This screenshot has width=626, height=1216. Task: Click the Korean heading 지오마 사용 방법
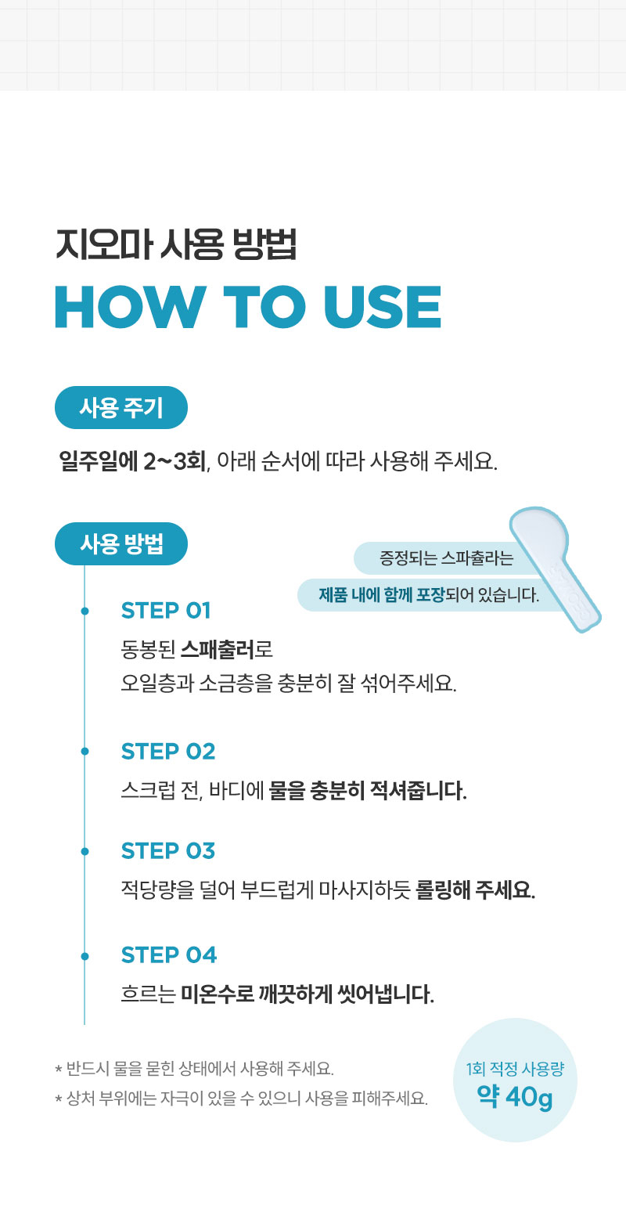click(176, 245)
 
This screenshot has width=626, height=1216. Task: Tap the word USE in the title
click(383, 307)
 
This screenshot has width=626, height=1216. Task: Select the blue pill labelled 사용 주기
click(121, 407)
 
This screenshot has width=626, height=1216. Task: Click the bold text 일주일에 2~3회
click(133, 461)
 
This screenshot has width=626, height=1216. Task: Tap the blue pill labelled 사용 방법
click(121, 543)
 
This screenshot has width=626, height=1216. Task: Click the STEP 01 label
click(166, 611)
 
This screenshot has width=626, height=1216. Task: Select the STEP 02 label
click(168, 752)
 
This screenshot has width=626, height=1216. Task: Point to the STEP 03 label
click(168, 851)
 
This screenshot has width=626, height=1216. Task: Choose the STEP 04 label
click(169, 955)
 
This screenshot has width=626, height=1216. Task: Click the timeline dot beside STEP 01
click(85, 612)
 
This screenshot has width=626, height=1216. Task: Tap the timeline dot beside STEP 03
click(85, 851)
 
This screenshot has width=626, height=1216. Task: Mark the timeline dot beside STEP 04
click(85, 956)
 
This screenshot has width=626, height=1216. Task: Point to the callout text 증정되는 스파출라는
click(446, 558)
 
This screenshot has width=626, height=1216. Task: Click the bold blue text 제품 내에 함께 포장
click(381, 595)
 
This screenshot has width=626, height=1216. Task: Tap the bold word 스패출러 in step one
click(217, 649)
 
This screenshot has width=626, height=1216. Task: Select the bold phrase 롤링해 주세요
click(475, 890)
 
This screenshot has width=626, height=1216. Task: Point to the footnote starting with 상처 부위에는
click(241, 1099)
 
